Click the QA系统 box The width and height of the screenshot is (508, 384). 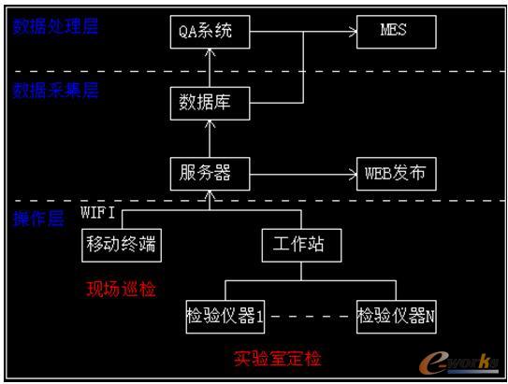pyautogui.click(x=211, y=34)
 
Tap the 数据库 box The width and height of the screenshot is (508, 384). pyautogui.click(x=211, y=103)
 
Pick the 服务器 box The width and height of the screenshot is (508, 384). pyautogui.click(x=211, y=173)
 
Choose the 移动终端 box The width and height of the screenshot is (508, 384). pyautogui.click(x=122, y=246)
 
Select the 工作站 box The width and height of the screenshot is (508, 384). pyautogui.click(x=299, y=246)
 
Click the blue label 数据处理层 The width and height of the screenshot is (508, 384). pyautogui.click(x=54, y=25)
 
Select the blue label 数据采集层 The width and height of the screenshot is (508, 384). pyautogui.click(x=54, y=91)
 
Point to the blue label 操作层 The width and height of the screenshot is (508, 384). pyautogui.click(x=37, y=219)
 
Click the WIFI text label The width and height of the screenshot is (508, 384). pyautogui.click(x=98, y=212)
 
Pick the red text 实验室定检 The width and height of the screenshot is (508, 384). pyautogui.click(x=277, y=358)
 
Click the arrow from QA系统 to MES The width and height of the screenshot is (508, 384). pyautogui.click(x=304, y=34)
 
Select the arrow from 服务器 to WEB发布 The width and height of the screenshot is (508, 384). pyautogui.click(x=304, y=173)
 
